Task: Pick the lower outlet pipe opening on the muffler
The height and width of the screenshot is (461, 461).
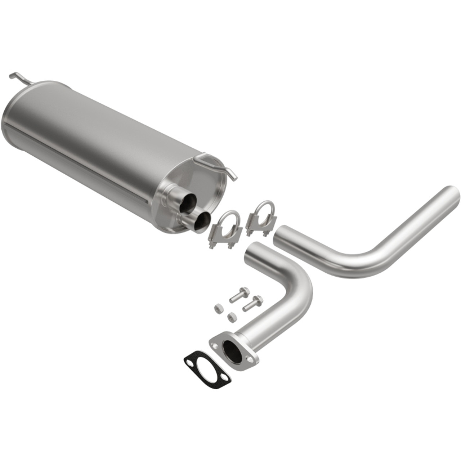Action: pos(202,220)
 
